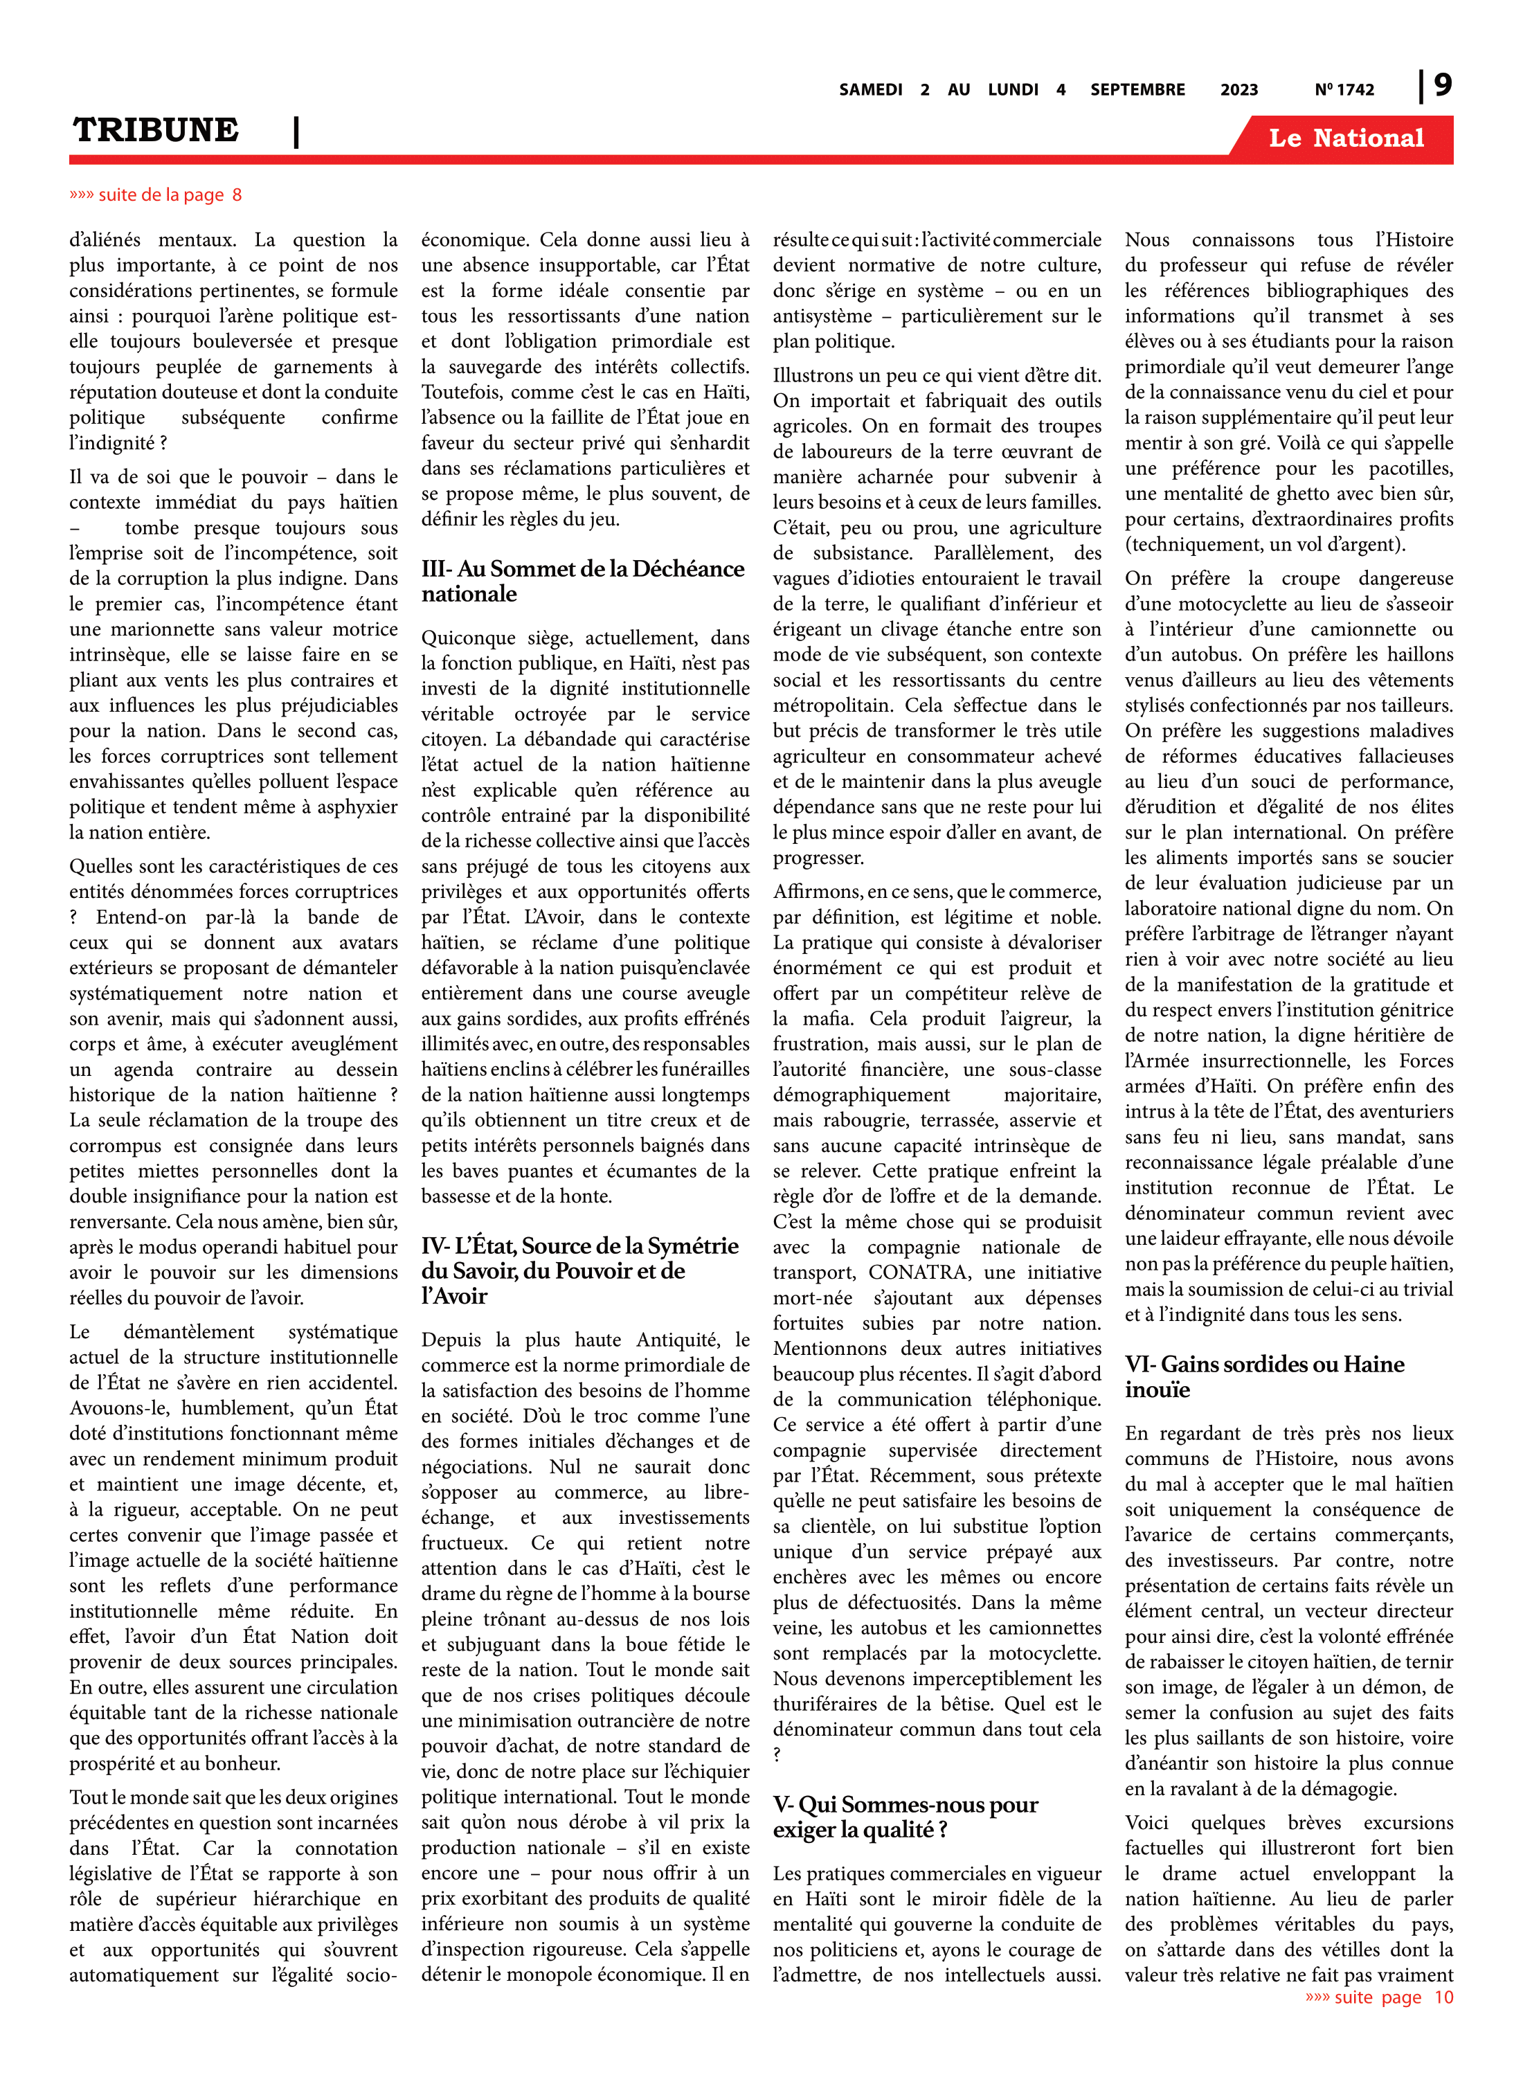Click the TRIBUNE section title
(x=156, y=130)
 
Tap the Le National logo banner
(x=1345, y=138)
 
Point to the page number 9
(x=1443, y=85)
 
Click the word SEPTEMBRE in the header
(x=1137, y=89)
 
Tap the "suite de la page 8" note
(x=156, y=195)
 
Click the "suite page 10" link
(x=1379, y=1997)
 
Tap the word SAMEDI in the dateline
(x=869, y=89)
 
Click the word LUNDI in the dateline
(x=1012, y=89)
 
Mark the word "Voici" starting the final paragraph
(x=1146, y=1822)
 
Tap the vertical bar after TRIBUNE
(x=296, y=132)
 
